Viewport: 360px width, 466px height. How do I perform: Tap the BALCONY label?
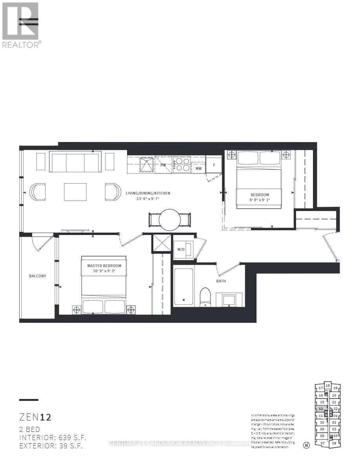(38, 276)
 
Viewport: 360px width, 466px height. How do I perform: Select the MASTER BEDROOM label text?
(104, 266)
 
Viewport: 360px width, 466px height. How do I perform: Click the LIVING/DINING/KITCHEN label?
(148, 193)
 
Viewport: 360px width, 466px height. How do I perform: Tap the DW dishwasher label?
(163, 165)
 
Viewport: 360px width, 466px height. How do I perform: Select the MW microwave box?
(199, 168)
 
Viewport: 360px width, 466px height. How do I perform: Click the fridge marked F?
(214, 165)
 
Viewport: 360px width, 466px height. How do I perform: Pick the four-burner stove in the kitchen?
(182, 164)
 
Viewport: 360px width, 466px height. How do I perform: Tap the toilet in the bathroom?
(205, 297)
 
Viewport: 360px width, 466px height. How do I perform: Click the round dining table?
(169, 220)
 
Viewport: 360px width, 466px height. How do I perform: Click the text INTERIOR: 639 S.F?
(53, 437)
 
